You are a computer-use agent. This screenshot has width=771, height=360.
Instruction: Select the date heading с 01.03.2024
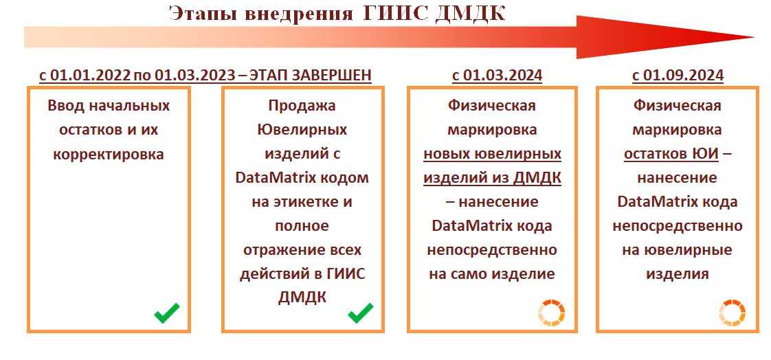pos(497,76)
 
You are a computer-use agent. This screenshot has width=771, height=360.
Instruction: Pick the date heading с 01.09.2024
pos(678,76)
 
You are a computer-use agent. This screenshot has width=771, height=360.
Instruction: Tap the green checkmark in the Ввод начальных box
pos(167,313)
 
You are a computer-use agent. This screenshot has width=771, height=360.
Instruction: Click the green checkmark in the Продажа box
pos(361,313)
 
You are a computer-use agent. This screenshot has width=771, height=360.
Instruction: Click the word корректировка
pos(108,155)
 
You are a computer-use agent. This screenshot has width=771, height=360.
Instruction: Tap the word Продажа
pos(302,106)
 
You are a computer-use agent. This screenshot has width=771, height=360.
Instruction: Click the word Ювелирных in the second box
pos(302,130)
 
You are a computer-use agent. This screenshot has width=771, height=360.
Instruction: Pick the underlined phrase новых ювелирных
pos(492,155)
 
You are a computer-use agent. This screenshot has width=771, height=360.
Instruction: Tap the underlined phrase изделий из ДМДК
pos(492,178)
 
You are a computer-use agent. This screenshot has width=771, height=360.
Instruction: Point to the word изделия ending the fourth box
pos(678,274)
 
